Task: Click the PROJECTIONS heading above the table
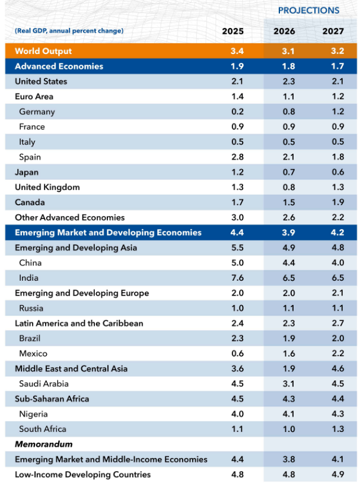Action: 308,10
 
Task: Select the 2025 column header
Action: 232,31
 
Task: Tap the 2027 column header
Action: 332,31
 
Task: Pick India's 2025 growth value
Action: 237,278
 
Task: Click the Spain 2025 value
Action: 237,157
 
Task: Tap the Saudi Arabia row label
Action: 43,383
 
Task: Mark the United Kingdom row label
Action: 47,187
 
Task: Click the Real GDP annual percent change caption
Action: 69,30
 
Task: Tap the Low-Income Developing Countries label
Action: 82,474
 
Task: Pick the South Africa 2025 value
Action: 237,429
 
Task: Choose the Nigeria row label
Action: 33,414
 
